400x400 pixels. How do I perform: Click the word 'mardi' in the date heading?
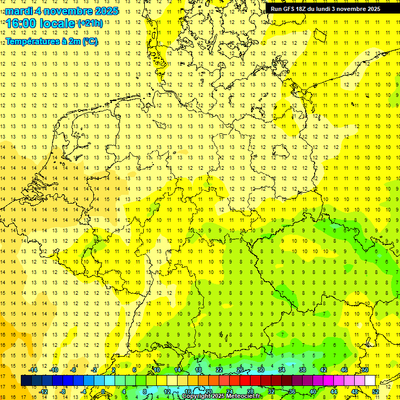coord(19,11)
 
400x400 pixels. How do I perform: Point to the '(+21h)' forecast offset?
coord(90,23)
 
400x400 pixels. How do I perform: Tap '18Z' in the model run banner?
coord(306,9)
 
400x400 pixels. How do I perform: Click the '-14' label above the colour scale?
coord(33,370)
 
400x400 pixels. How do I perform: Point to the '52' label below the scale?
coord(376,392)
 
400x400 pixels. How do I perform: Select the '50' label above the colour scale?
coord(365,370)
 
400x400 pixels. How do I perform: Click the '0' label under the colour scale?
coord(103,392)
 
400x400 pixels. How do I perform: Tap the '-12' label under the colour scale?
coord(43,392)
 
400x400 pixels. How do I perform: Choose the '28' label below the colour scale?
coord(250,392)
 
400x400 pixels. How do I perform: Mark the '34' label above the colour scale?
coord(281,370)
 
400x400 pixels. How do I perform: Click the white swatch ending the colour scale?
coord(370,381)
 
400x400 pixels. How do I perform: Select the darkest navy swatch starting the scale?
coord(26,381)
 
